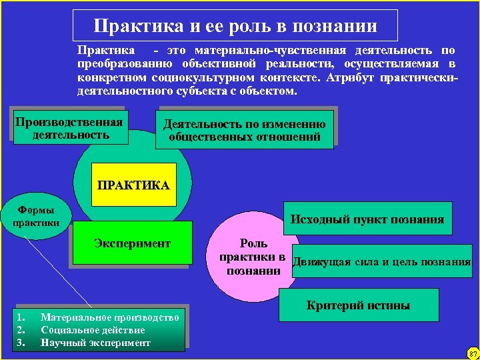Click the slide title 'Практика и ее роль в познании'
[x=235, y=26]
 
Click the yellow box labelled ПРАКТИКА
[x=133, y=184]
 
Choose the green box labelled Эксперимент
[x=132, y=243]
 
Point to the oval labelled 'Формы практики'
[x=37, y=215]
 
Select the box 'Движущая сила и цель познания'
[x=382, y=261]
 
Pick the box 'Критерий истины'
[x=358, y=306]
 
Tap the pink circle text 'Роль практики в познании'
[x=254, y=257]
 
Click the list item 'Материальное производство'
[x=110, y=317]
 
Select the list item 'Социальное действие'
[x=93, y=330]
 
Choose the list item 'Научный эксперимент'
[x=95, y=343]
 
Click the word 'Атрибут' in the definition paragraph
[x=353, y=77]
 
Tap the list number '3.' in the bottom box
[x=21, y=343]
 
